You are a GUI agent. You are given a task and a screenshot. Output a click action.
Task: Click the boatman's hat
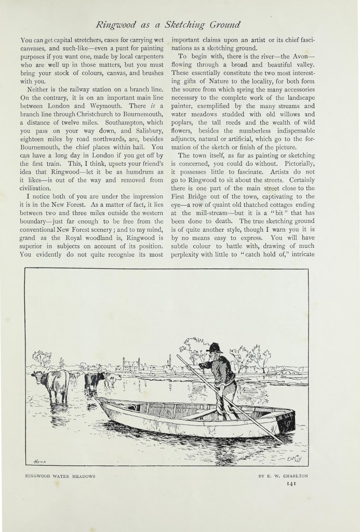(x=214, y=347)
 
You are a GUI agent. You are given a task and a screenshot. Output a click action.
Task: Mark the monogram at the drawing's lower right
(x=295, y=459)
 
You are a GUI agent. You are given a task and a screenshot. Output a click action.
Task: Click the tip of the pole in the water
(x=283, y=442)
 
